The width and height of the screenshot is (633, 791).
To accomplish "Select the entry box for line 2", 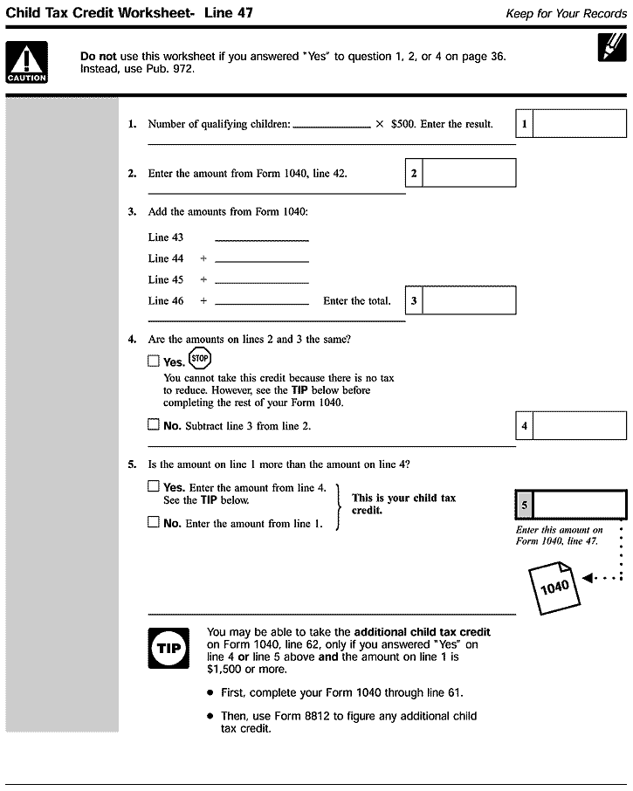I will point(469,173).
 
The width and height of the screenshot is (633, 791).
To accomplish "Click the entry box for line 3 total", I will point(469,301).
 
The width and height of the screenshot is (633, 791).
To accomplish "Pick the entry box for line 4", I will point(579,426).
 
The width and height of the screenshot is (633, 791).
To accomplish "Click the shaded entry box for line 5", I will point(579,505).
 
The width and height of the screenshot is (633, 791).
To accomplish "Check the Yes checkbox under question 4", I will point(154,361).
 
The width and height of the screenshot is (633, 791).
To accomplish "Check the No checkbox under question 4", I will point(154,426).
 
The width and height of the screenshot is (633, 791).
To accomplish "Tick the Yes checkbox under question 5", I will point(154,487).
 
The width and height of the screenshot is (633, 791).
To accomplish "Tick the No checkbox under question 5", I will point(154,523).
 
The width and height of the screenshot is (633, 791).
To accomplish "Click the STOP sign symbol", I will point(199,358).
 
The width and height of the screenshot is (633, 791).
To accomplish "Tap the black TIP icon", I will point(169,647).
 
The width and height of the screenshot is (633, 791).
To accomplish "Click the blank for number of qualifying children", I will point(332,124).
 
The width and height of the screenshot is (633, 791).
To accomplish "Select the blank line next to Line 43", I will point(262,237).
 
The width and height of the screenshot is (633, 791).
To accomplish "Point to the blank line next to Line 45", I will point(262,279).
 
